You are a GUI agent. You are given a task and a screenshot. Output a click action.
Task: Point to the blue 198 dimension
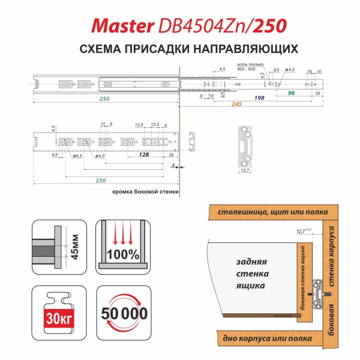tap(260, 97)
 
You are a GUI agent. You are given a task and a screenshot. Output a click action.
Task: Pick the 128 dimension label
tap(143, 154)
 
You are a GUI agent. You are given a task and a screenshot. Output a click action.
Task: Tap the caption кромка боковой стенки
tap(145, 193)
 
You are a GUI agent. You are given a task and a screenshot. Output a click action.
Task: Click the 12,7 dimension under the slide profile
tap(244, 171)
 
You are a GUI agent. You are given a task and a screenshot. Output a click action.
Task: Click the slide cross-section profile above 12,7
tap(245, 146)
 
